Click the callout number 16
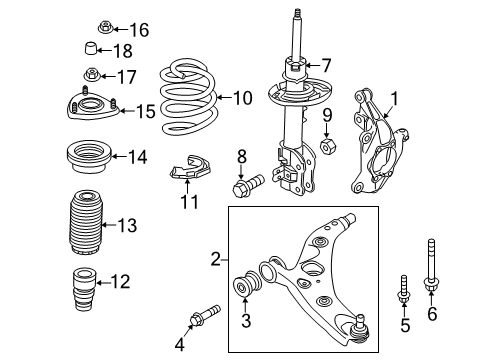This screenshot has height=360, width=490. [x=139, y=30]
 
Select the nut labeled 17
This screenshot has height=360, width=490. [x=91, y=74]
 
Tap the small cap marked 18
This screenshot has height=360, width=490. [x=90, y=48]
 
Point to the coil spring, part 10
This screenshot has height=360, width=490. [x=188, y=97]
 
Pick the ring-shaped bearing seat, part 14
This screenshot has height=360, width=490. [x=90, y=157]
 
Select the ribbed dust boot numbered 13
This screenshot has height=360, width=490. [x=86, y=222]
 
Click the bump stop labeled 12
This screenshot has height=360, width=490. [x=84, y=289]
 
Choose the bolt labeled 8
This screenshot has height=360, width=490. [x=248, y=186]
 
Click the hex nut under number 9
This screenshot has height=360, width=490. [x=328, y=146]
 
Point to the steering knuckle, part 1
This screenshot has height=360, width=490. [x=379, y=142]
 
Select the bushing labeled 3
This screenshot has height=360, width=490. [x=247, y=283]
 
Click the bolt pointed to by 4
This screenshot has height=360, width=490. [x=205, y=316]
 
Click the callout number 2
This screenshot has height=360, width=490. [x=216, y=259]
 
